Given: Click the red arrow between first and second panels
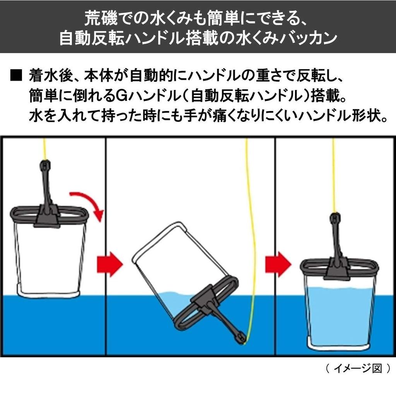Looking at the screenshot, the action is pos(109,264).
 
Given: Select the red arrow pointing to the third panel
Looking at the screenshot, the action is pos(278,264).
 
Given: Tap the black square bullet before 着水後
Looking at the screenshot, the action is pos(16,75).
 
